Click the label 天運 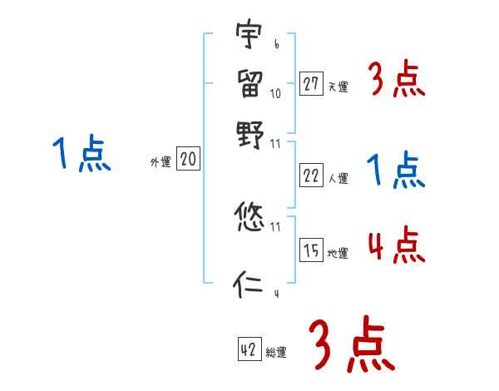338,86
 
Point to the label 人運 338,177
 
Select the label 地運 338,252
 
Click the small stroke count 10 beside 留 275,93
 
